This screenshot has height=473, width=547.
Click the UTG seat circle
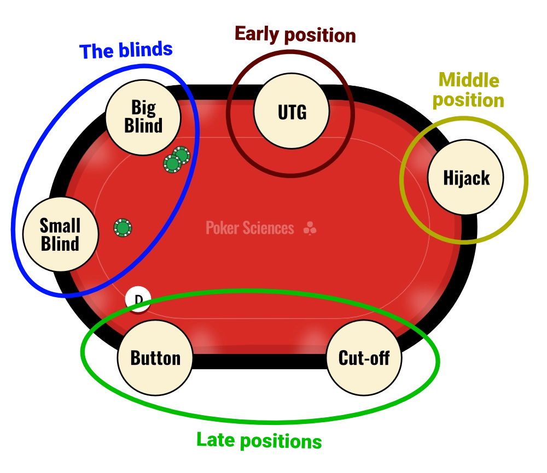coord(292,112)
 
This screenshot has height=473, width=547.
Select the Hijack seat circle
coord(465,178)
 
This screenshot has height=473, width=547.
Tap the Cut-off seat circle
coord(364,358)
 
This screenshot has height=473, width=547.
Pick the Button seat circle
coord(155,358)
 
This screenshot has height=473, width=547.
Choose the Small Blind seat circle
coord(60,234)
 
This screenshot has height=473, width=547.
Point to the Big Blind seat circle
coord(143,117)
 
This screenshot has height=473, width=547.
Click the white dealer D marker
coord(138,299)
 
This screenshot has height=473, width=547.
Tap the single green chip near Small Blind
coord(123,227)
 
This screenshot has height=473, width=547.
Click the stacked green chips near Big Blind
coord(176,159)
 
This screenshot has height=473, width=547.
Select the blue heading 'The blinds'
coord(126,51)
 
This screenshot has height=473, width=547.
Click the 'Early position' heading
coord(295,34)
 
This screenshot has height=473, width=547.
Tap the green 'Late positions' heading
coord(259,440)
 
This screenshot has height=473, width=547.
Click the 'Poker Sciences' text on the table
coord(249,228)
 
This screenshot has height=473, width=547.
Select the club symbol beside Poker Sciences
coord(310,228)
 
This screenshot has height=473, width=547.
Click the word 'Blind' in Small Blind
coord(60,244)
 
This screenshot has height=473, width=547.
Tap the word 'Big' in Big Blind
coord(143,107)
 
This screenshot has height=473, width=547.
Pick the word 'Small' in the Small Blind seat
coord(60,225)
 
